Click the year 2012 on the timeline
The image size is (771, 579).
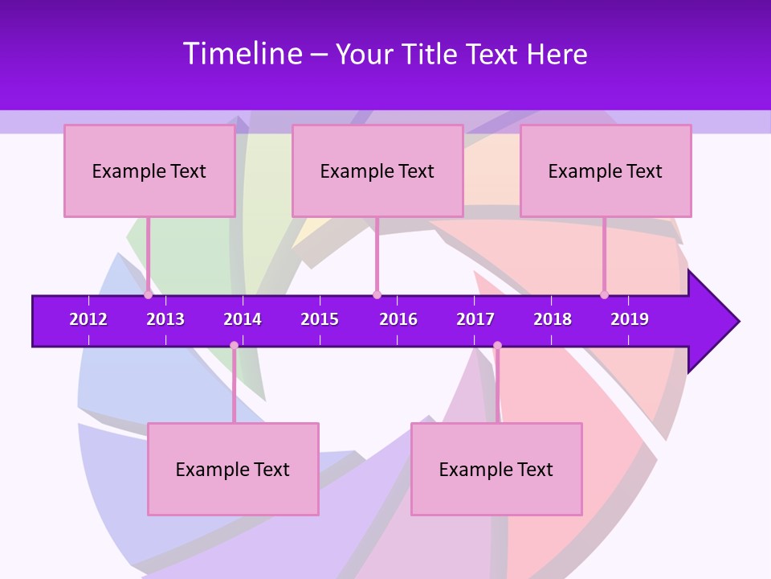tap(88, 319)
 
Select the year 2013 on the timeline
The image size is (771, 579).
tap(165, 319)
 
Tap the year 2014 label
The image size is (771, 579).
tap(243, 319)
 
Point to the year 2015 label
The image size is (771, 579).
tap(320, 319)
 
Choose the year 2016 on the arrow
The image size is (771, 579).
tap(398, 319)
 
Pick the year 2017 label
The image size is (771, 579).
tap(475, 319)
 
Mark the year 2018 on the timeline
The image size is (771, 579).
tap(553, 319)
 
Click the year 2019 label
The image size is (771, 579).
tap(630, 319)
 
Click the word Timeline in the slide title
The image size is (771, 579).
tap(243, 54)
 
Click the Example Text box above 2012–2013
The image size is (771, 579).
tap(149, 170)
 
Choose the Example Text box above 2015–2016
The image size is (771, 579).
tap(377, 170)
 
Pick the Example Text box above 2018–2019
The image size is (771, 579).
tap(606, 170)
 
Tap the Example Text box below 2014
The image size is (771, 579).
tap(233, 469)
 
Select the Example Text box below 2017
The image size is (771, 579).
tap(496, 469)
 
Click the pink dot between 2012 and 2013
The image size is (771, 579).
tap(148, 294)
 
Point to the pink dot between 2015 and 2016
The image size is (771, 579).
tap(377, 294)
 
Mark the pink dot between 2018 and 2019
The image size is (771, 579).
tap(604, 294)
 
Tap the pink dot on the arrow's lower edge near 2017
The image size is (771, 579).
tap(497, 346)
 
